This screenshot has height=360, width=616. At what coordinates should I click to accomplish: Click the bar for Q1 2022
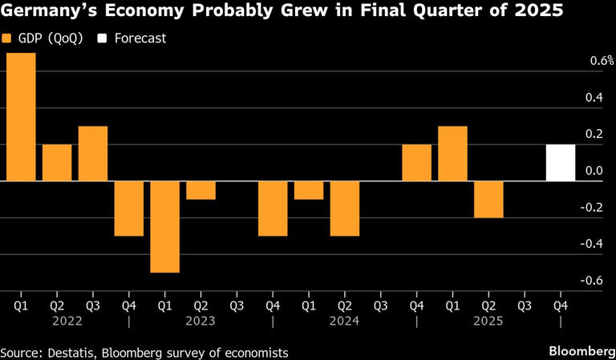(x=21, y=117)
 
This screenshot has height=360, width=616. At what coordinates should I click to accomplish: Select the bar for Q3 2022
(x=93, y=153)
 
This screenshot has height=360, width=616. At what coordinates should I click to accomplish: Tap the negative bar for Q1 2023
(x=165, y=227)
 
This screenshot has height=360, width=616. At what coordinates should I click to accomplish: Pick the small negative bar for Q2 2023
(x=201, y=190)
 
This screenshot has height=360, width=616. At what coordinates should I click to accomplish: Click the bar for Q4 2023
(x=273, y=208)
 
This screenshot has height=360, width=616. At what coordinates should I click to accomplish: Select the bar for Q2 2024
(x=345, y=208)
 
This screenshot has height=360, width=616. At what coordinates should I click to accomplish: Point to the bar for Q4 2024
(x=416, y=163)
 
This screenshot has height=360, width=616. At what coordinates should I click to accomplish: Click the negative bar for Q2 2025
(x=488, y=200)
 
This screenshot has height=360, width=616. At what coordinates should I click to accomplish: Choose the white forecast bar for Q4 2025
(x=561, y=163)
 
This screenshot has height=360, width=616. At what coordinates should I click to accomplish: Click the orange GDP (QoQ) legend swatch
(x=7, y=38)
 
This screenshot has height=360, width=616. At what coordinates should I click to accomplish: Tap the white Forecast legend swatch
(x=101, y=38)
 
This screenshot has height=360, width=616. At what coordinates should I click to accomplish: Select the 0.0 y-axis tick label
(x=594, y=171)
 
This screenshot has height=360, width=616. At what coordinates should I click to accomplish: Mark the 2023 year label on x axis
(x=201, y=321)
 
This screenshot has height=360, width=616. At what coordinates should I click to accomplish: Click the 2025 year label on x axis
(x=488, y=321)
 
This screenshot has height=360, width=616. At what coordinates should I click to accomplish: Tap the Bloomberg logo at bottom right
(x=577, y=351)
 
